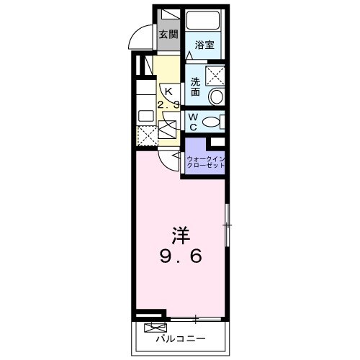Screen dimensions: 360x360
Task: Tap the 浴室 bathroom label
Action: pyautogui.click(x=204, y=44)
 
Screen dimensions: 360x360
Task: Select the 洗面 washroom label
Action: pyautogui.click(x=195, y=86)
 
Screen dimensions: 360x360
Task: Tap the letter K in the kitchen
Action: pyautogui.click(x=168, y=91)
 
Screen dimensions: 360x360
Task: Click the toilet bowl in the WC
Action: pyautogui.click(x=213, y=122)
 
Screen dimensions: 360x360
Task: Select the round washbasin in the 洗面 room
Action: pyautogui.click(x=215, y=96)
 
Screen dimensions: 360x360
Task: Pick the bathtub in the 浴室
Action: pyautogui.click(x=204, y=22)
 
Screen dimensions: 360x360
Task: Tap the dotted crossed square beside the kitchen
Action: pyautogui.click(x=147, y=135)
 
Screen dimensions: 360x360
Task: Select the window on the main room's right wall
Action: pyautogui.click(x=228, y=227)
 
